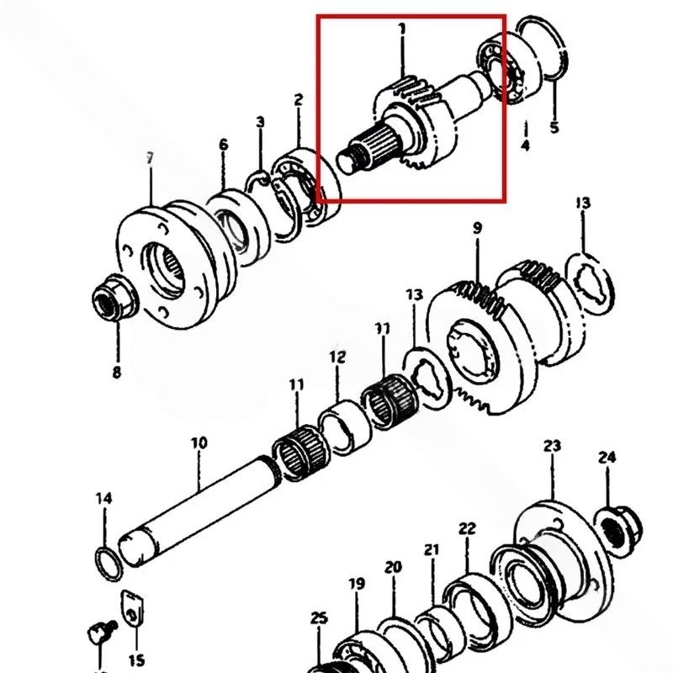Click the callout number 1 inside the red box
402,29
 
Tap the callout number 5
554,128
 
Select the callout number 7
149,158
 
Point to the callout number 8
116,372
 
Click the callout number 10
199,443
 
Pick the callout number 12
337,357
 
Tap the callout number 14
103,498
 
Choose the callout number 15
136,660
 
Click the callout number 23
552,446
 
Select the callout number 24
607,458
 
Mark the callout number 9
478,228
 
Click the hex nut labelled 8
115,297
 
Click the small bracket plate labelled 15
132,608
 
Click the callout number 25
319,618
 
